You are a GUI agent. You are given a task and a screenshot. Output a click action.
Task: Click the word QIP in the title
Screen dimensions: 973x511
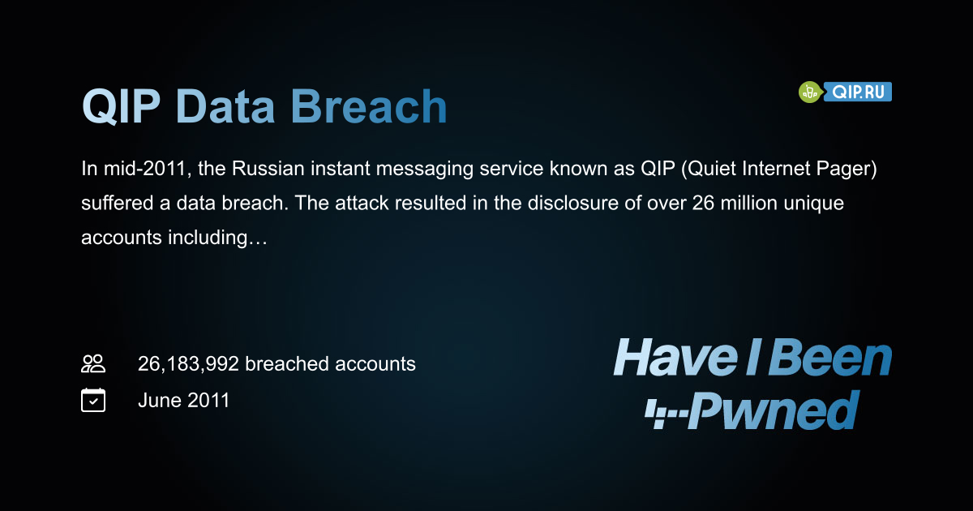(121, 106)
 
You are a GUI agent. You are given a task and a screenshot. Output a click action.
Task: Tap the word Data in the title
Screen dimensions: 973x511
(225, 106)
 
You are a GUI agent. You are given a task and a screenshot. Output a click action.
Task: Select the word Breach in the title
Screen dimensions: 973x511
(369, 106)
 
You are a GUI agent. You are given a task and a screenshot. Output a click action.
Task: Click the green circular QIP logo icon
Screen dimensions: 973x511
(810, 92)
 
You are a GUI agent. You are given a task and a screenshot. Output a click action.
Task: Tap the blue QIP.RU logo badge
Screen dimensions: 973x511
(858, 92)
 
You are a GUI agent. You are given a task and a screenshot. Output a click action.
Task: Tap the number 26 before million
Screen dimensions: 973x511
(703, 203)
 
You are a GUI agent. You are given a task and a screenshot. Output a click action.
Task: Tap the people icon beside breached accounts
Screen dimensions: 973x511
(93, 363)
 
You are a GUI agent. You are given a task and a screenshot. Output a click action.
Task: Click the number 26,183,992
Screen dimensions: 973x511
(188, 364)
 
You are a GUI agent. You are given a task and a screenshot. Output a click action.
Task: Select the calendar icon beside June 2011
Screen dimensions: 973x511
(93, 400)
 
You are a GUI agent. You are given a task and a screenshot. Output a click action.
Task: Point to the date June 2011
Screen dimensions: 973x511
(183, 400)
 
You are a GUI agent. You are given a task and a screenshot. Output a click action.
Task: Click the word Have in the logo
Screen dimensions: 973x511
(675, 357)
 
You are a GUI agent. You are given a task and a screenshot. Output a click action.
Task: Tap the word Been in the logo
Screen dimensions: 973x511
(829, 357)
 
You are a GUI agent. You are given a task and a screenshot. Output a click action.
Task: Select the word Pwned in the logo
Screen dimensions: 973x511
(774, 410)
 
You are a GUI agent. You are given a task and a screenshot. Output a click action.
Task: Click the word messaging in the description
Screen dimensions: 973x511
(424, 169)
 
